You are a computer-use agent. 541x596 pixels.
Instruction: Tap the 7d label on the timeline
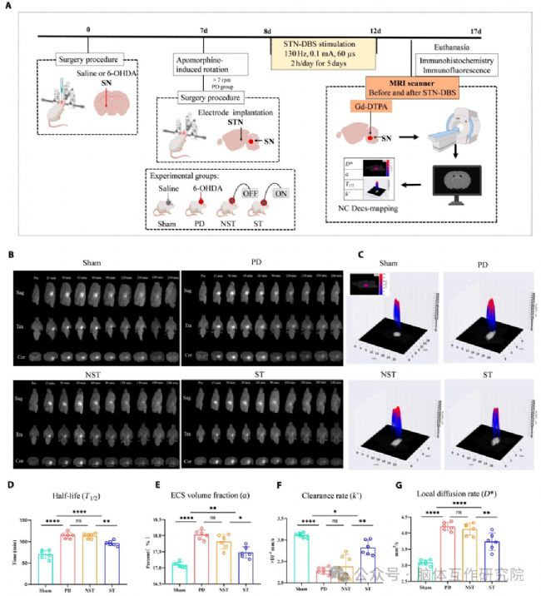pos(204,30)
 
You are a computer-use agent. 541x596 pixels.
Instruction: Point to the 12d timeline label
pos(375,30)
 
